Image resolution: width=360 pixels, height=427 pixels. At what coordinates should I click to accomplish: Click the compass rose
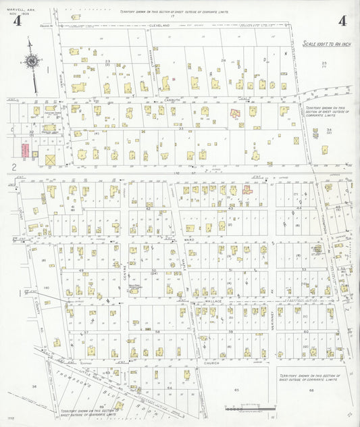(32, 62)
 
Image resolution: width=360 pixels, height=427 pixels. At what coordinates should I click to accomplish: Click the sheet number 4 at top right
(342, 20)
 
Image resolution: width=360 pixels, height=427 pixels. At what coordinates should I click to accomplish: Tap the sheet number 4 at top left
(17, 21)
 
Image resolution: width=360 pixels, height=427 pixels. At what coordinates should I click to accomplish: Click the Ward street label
(189, 238)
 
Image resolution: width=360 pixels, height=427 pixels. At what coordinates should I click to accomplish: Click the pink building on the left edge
(24, 151)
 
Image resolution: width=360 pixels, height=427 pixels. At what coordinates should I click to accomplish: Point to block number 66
(311, 390)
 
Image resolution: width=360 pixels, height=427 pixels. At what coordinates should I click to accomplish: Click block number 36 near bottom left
(33, 386)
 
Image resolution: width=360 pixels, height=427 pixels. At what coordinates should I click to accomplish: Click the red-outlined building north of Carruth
(236, 114)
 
